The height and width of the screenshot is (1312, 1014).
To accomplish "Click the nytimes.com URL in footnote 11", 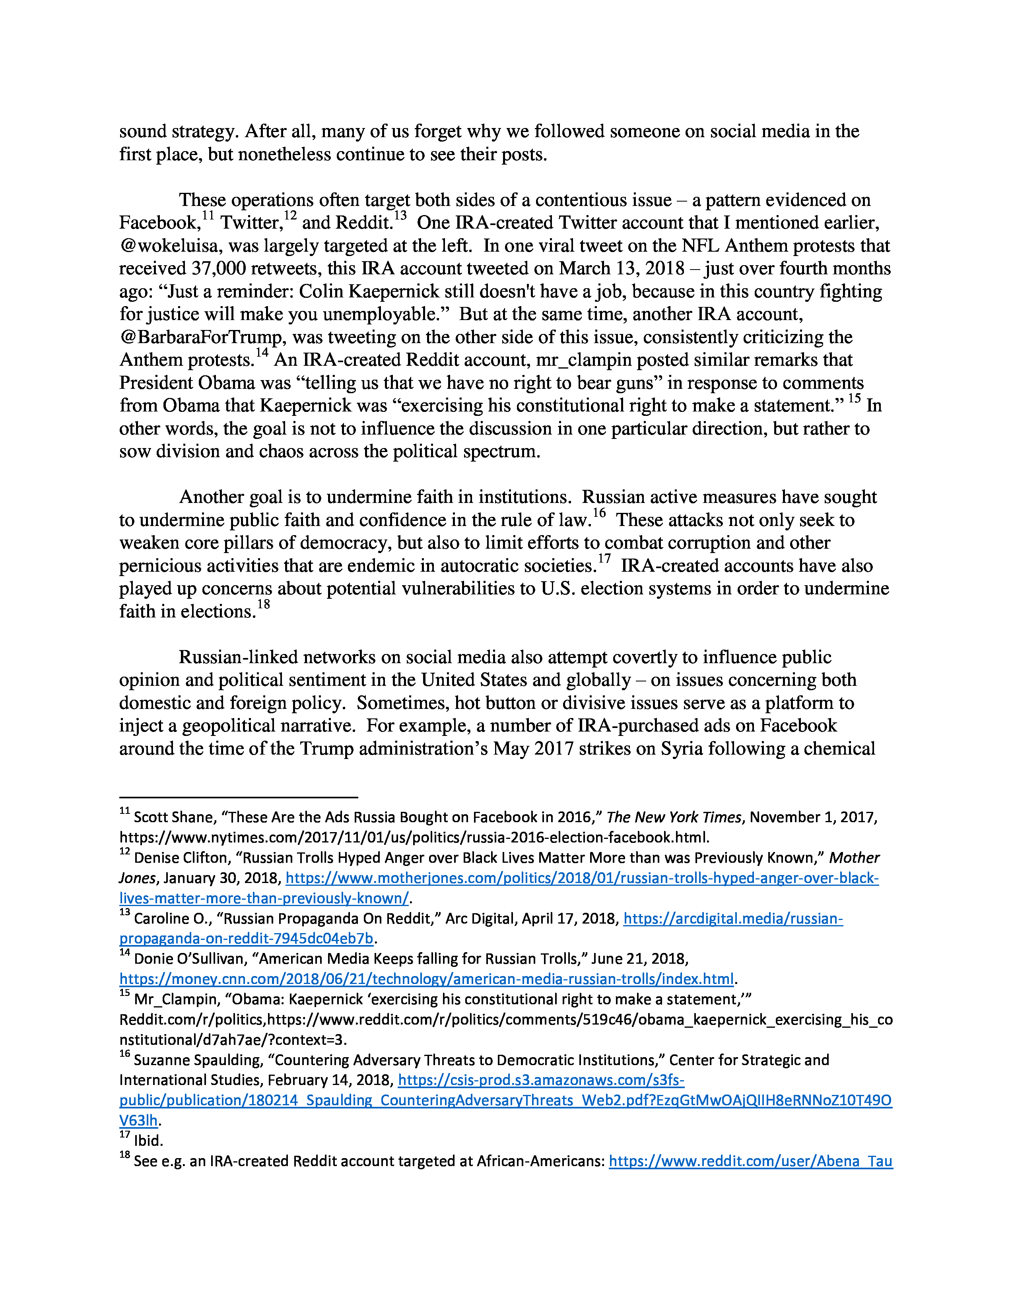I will point(414,837).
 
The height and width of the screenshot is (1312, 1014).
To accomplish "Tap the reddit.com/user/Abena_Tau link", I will point(750,1161).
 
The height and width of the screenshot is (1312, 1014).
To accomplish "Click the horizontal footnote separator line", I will point(239,797).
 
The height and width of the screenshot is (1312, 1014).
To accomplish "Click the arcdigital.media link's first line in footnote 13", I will point(733,918).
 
